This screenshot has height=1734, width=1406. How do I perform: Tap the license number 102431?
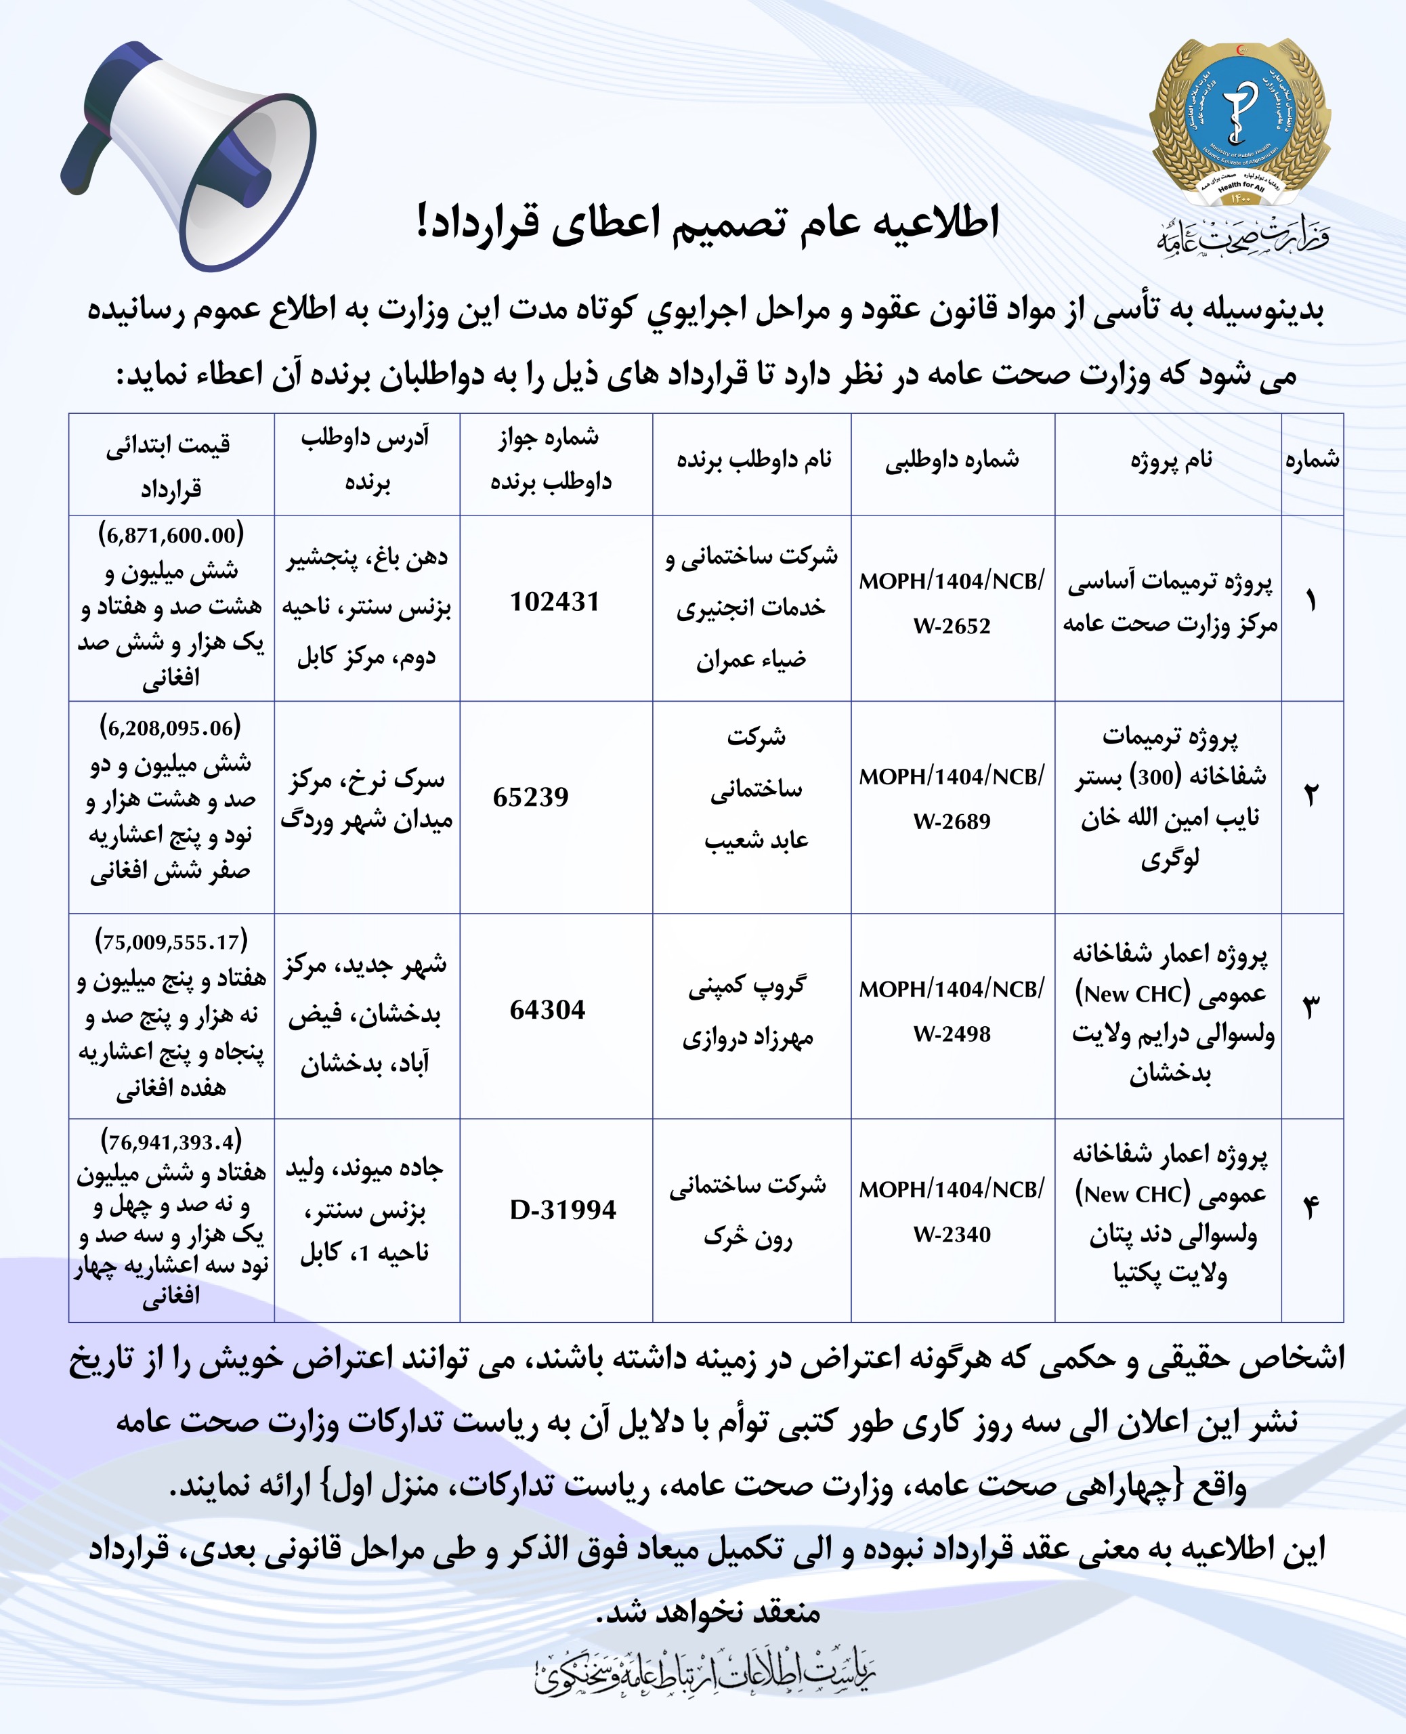(x=555, y=601)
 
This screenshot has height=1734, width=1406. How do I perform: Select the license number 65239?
(x=531, y=797)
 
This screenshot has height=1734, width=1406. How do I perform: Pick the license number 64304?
(x=547, y=1010)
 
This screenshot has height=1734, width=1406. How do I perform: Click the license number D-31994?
(x=563, y=1210)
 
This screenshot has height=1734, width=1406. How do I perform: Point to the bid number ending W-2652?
(x=952, y=625)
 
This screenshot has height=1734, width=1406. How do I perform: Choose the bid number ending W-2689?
(x=952, y=821)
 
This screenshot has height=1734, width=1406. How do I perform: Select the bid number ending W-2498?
(x=952, y=1034)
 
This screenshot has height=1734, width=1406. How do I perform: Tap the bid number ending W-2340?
(x=952, y=1234)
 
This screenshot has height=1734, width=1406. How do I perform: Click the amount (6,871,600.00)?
(x=171, y=534)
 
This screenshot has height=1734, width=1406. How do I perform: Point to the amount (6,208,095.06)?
(x=171, y=727)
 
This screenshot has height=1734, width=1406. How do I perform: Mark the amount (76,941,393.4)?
(x=171, y=1142)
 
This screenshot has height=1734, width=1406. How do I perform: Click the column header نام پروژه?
(x=1171, y=461)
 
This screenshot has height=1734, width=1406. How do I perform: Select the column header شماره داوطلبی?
(x=952, y=461)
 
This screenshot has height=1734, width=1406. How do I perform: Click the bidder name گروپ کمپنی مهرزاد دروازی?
(x=748, y=1011)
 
